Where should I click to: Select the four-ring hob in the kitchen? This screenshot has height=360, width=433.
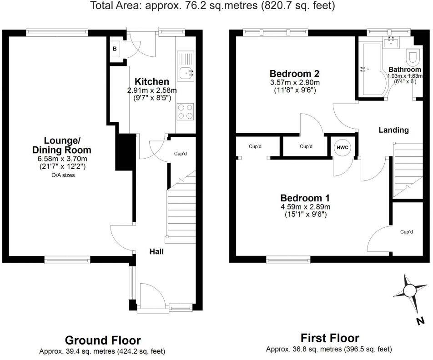point(185,112)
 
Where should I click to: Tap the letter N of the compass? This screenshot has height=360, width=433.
point(421,321)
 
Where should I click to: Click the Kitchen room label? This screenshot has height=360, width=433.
point(152,82)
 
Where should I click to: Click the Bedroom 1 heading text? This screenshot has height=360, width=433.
point(305,198)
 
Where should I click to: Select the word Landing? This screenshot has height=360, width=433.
point(394,130)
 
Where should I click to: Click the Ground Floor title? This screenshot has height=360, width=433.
point(102,340)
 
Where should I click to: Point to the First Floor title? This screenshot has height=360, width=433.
point(330,338)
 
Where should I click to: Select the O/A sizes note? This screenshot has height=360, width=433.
point(62,175)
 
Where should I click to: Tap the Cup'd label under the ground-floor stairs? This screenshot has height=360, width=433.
point(181,154)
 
